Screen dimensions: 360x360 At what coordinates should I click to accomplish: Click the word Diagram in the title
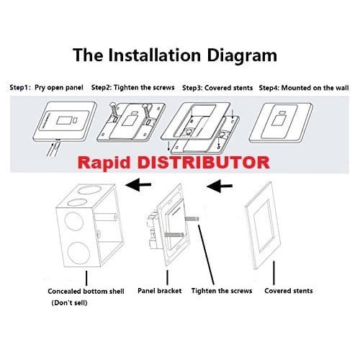click(x=242, y=56)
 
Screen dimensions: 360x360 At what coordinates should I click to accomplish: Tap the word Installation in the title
click(x=154, y=55)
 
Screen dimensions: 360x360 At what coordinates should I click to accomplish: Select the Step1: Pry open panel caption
click(x=46, y=88)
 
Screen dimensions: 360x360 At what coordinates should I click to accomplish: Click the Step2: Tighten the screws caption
click(x=132, y=88)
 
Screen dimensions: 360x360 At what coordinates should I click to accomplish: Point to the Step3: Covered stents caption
click(x=217, y=88)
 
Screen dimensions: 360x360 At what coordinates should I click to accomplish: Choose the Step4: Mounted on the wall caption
click(x=304, y=88)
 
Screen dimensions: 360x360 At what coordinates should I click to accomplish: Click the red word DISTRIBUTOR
click(x=204, y=163)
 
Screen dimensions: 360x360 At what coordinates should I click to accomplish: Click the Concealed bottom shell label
click(x=86, y=292)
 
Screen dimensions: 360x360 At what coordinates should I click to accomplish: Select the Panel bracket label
click(x=160, y=291)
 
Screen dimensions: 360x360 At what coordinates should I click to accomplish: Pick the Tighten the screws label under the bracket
click(x=222, y=291)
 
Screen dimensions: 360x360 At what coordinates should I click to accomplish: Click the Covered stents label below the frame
click(x=289, y=291)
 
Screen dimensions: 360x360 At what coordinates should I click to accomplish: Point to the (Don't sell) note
click(x=69, y=302)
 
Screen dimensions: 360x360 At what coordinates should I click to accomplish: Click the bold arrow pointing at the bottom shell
click(x=138, y=185)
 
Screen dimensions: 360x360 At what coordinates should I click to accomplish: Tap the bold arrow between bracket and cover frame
click(x=220, y=186)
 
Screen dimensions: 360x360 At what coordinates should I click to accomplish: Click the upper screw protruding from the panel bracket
click(x=192, y=219)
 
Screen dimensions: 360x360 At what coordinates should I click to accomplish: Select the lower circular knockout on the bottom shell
click(x=78, y=253)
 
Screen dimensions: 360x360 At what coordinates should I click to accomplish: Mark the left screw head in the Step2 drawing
click(x=112, y=105)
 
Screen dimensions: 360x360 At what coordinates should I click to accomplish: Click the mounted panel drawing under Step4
click(x=281, y=123)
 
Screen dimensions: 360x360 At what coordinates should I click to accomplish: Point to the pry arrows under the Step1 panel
click(x=53, y=149)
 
